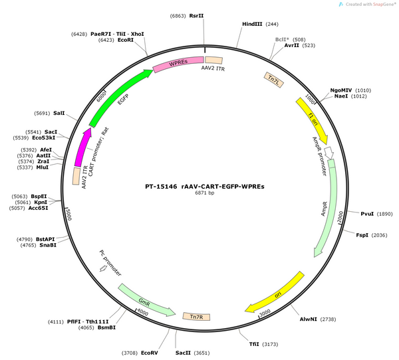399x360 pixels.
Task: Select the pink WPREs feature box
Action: pos(178,64)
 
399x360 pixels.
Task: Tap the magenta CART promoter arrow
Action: pos(82,147)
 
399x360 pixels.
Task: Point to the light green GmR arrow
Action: pos(145,301)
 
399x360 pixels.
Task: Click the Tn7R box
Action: pos(196,317)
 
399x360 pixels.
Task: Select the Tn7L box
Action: pos(274,80)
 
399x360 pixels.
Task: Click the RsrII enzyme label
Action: pos(196,16)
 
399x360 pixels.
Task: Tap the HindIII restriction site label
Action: pos(252,24)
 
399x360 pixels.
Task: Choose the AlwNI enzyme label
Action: pos(308,319)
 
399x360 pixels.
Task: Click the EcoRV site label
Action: pos(150,353)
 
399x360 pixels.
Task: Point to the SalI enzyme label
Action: pos(59,113)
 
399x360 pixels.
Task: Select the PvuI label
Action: pos(367,214)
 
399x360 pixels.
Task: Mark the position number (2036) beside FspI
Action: pos(380,235)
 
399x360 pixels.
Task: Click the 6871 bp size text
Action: pos(205,193)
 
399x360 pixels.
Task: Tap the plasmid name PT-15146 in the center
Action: pos(161,187)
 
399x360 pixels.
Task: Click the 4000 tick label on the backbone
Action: pos(142,312)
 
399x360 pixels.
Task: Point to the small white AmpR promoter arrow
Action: pos(329,152)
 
